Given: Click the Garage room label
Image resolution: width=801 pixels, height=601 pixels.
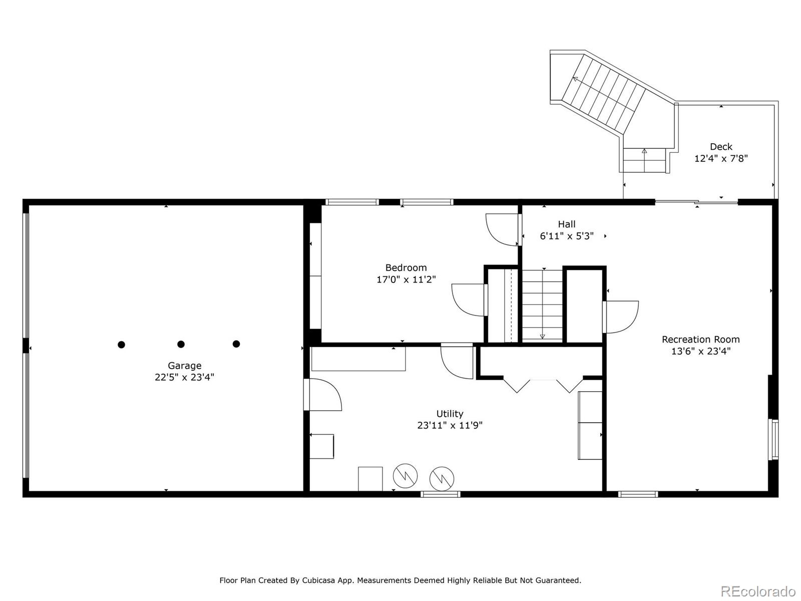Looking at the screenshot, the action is tap(184, 365).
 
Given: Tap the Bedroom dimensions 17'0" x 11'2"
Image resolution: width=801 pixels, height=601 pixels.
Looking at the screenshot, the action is tap(406, 279).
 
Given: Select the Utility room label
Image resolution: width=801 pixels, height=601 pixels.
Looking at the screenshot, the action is tap(450, 414).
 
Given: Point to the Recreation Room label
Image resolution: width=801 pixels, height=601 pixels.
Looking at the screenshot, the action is tap(701, 340).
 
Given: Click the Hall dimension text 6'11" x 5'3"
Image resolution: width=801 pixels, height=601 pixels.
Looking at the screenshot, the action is tap(567, 236).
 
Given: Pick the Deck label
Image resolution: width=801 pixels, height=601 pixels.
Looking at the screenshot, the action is tap(721, 147).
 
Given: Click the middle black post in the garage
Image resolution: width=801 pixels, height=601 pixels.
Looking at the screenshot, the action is tap(181, 344).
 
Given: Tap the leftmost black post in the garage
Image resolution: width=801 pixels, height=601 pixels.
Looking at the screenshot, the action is tap(122, 345).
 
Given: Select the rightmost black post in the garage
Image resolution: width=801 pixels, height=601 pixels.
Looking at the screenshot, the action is tap(236, 344).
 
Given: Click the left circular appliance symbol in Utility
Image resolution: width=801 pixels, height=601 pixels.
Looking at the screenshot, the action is tap(405, 476).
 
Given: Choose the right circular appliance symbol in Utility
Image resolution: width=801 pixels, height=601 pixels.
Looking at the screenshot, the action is tap(442, 478).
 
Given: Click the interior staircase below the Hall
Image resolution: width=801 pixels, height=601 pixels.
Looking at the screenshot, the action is tap(542, 306).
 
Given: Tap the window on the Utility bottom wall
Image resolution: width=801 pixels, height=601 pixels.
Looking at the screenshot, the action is tap(441, 494).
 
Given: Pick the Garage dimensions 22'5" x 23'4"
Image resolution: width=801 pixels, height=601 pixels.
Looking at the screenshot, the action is tap(184, 377).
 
